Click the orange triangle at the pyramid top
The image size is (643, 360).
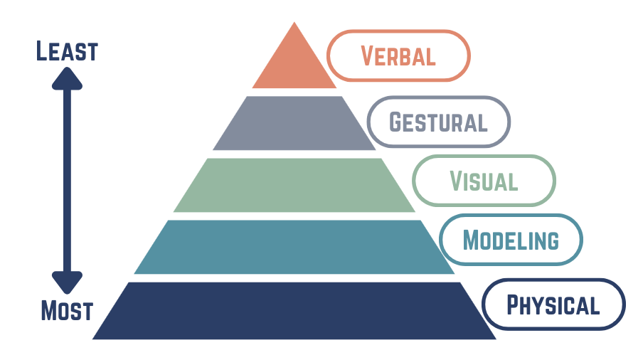[x=294, y=61]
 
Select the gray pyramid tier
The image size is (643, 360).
[x=294, y=123]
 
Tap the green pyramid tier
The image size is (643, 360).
[x=294, y=185]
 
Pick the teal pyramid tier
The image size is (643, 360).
[x=294, y=247]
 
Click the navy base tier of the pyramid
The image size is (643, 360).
[x=294, y=310]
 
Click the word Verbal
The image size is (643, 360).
[x=398, y=55]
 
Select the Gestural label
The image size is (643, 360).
[x=438, y=122]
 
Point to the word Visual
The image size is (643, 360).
[x=484, y=181]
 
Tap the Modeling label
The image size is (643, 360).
[x=511, y=240]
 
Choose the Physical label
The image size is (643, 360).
[x=553, y=305]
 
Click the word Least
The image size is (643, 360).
[x=67, y=51]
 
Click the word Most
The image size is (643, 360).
[x=67, y=310]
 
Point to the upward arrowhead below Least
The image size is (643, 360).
[x=67, y=78]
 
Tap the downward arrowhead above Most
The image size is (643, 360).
[x=67, y=282]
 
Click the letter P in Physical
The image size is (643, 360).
[x=513, y=305]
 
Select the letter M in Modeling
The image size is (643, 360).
[x=471, y=240]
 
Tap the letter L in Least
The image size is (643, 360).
[x=41, y=51]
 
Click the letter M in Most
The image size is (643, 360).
[x=49, y=310]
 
